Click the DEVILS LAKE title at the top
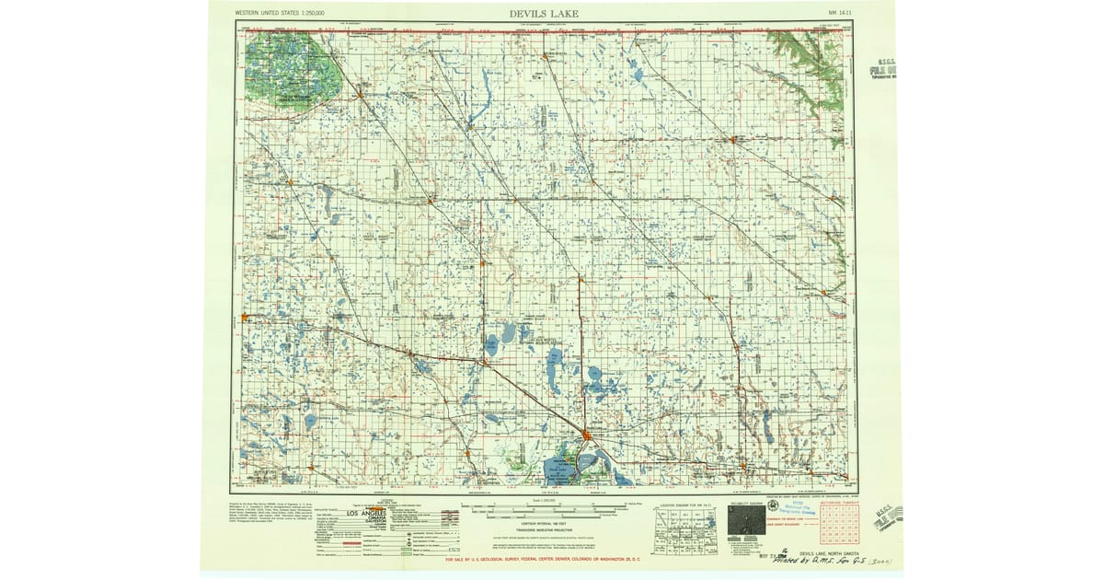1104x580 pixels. pyautogui.click(x=544, y=13)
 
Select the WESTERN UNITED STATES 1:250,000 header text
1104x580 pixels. pyautogui.click(x=287, y=14)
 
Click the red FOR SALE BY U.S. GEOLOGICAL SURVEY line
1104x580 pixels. pyautogui.click(x=551, y=559)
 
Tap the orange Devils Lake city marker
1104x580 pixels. pyautogui.click(x=587, y=435)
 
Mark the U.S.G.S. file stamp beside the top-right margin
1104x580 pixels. pyautogui.click(x=886, y=70)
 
